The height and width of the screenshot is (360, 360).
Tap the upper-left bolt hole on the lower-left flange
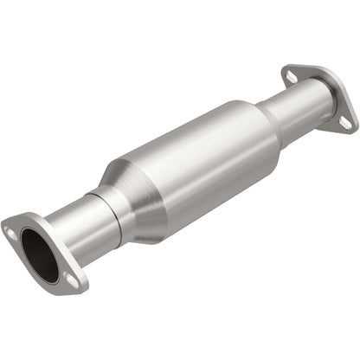pyautogui.click(x=10, y=232)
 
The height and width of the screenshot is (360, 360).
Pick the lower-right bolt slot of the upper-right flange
pyautogui.click(x=345, y=123)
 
